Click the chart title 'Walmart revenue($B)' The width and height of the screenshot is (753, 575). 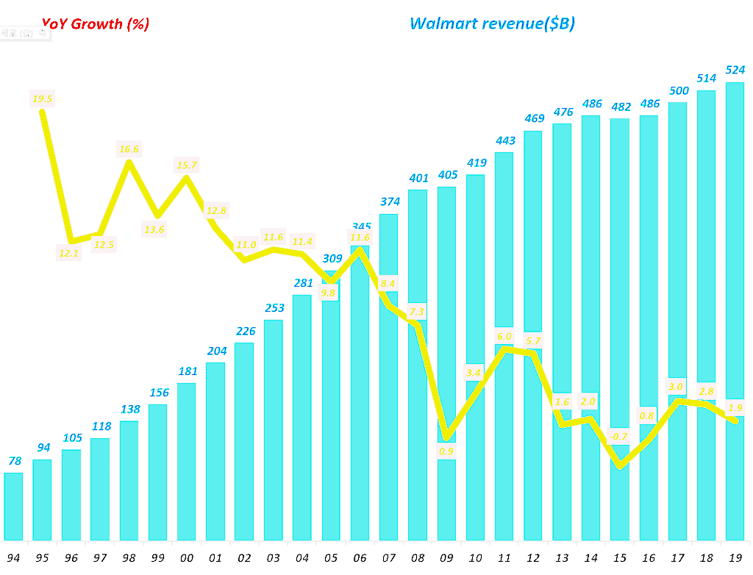tap(492, 24)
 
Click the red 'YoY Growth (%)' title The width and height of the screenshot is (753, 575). tap(95, 24)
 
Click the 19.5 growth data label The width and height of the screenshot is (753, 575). tap(42, 99)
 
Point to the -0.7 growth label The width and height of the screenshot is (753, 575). tap(620, 435)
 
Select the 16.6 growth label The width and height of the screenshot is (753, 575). tap(129, 149)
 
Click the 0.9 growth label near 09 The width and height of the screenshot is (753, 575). tap(446, 451)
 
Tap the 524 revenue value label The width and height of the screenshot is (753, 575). tap(735, 71)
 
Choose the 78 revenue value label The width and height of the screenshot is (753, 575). tap(13, 461)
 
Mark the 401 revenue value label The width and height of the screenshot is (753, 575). tap(418, 178)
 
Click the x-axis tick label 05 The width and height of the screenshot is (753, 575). tap(331, 558)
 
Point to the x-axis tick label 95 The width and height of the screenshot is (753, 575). tap(42, 558)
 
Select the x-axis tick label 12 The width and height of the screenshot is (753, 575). tap(533, 558)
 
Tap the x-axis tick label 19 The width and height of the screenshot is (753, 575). tap(735, 558)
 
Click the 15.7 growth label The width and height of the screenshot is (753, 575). tap(187, 165)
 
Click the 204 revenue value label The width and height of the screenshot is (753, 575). tap(215, 351)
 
